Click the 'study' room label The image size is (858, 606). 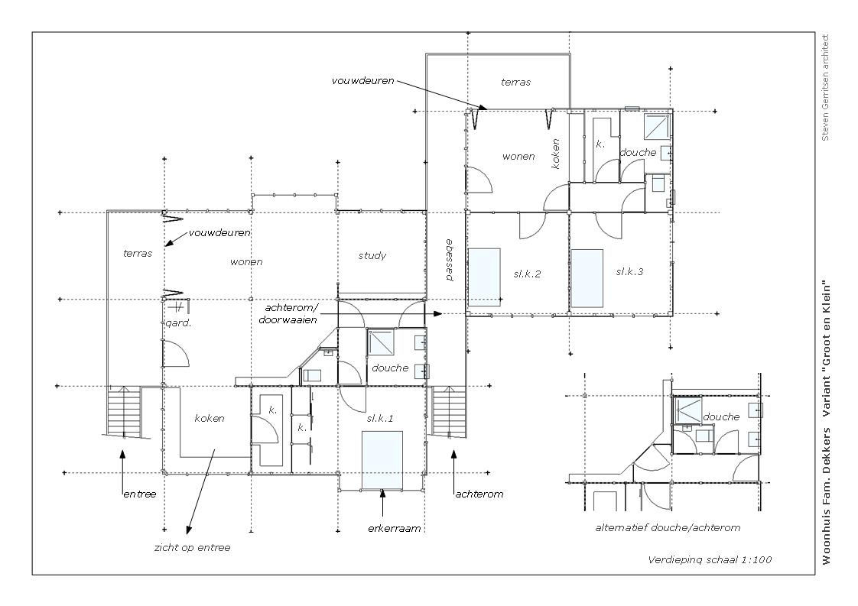click(x=372, y=255)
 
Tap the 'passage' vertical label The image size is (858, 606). click(x=449, y=260)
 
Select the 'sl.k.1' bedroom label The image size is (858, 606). click(x=380, y=419)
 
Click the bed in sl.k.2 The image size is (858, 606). click(x=485, y=277)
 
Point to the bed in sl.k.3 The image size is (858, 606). click(x=587, y=279)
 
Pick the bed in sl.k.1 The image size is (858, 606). click(x=382, y=459)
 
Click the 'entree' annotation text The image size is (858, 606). click(x=139, y=494)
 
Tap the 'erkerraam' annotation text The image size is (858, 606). click(x=395, y=528)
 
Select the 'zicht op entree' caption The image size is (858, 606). click(x=193, y=547)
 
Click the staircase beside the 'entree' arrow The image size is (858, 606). click(x=122, y=412)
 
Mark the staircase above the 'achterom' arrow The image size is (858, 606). click(x=449, y=411)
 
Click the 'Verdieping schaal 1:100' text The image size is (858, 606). click(x=710, y=559)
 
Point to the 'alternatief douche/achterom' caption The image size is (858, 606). click(x=668, y=528)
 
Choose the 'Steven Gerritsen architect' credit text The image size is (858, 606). click(x=826, y=88)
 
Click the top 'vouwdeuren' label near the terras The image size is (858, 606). click(x=362, y=80)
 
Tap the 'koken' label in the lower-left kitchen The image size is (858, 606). click(x=210, y=419)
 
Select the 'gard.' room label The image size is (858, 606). click(x=178, y=323)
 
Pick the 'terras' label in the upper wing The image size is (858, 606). click(x=516, y=82)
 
